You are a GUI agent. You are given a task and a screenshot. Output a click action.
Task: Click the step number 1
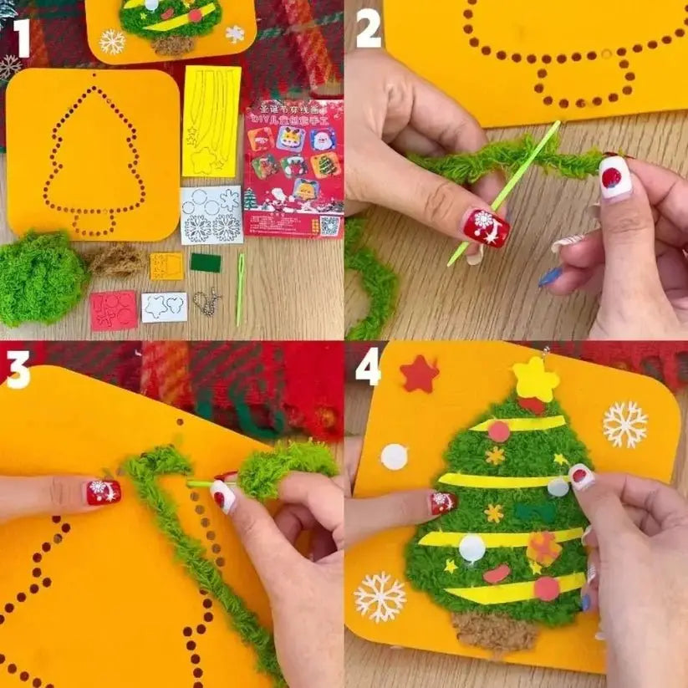[21, 38]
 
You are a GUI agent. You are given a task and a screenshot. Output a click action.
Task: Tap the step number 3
[18, 370]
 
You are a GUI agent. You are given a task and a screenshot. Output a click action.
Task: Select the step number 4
[368, 367]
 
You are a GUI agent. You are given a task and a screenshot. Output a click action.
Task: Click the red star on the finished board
[419, 374]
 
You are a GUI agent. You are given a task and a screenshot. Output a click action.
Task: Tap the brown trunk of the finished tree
[496, 629]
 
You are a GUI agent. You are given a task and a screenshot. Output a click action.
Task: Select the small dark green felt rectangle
[205, 262]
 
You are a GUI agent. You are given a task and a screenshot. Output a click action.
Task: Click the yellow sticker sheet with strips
[211, 121]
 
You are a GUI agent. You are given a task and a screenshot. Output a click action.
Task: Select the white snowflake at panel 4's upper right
[625, 424]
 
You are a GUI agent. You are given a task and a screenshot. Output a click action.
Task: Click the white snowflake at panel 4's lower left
[380, 596]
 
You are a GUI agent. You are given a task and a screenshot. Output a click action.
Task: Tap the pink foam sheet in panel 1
[114, 310]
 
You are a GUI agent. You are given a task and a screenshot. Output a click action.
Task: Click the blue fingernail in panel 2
[550, 277]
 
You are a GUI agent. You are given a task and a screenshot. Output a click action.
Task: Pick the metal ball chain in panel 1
[206, 301]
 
